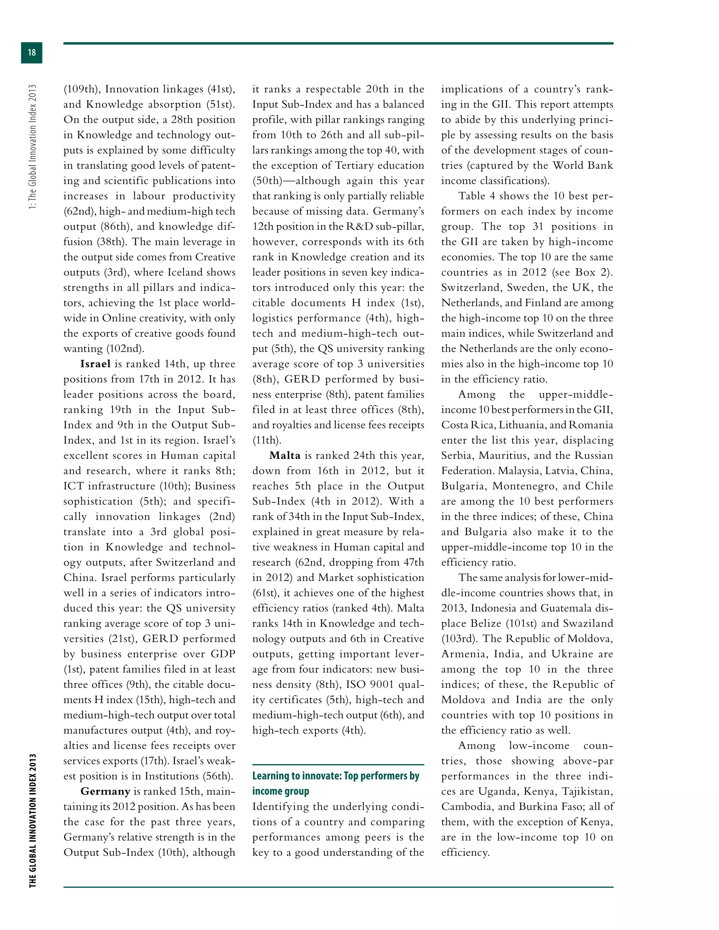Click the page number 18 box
pyautogui.click(x=32, y=53)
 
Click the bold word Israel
pyautogui.click(x=95, y=364)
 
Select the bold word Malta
pyautogui.click(x=285, y=456)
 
